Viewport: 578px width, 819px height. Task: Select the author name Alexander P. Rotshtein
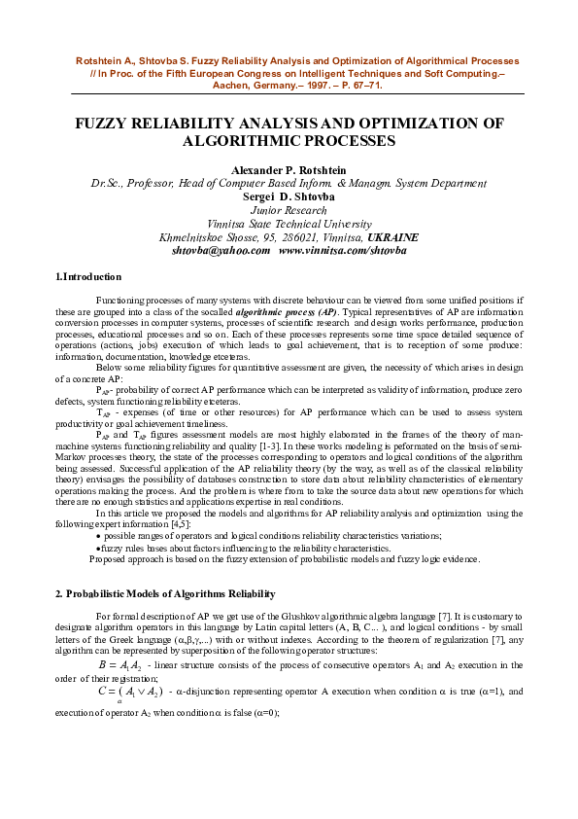289,170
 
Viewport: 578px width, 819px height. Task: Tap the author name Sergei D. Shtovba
289,196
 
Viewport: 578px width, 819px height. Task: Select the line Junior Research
289,209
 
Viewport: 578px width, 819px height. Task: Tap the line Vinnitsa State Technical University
289,223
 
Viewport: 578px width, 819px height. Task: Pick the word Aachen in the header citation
235,85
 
